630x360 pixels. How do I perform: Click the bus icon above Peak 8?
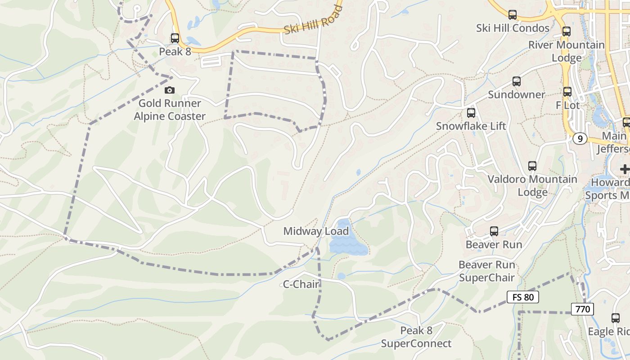(x=175, y=38)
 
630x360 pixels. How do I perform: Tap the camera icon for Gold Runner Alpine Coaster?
(x=170, y=90)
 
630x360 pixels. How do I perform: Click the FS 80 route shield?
(x=522, y=297)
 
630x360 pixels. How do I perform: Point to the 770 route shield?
(x=583, y=309)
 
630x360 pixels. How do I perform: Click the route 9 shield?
(x=580, y=139)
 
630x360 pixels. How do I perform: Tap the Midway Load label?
(x=316, y=231)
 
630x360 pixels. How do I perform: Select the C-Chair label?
(x=301, y=284)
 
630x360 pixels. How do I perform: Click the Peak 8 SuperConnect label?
(x=416, y=337)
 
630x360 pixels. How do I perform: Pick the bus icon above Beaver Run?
(x=494, y=231)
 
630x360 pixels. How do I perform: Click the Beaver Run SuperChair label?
(x=487, y=271)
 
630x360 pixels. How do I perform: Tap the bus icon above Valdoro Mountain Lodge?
(x=532, y=166)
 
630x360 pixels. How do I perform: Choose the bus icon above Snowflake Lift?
(x=471, y=113)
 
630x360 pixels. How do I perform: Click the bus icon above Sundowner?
(x=517, y=81)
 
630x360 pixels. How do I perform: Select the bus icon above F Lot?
(x=567, y=92)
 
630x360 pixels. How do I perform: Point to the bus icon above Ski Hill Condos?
(x=513, y=15)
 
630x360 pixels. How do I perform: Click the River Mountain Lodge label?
(x=566, y=51)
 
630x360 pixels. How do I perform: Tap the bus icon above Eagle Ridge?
(x=616, y=318)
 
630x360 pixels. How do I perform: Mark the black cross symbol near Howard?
(x=625, y=169)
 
